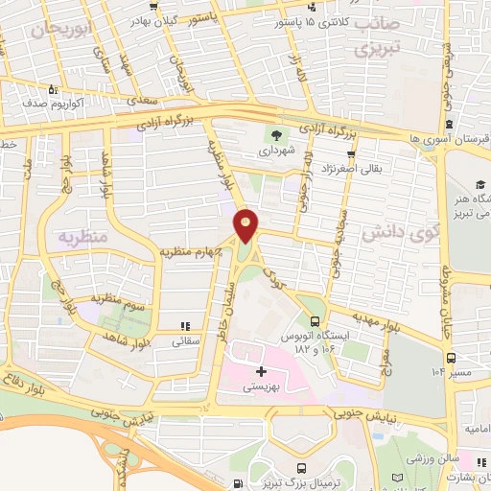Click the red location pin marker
point(246,223)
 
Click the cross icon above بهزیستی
point(260,370)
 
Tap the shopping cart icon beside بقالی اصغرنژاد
point(352,153)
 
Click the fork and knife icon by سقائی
point(185,326)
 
